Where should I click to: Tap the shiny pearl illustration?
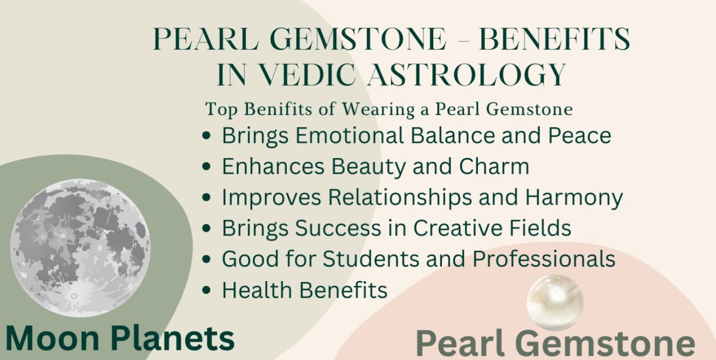pos(555,302)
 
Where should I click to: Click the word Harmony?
pos(574,197)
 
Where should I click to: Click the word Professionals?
pos(544,259)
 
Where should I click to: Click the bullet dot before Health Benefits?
pos(206,290)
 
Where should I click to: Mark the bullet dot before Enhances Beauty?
pos(206,167)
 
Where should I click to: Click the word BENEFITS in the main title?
pos(554,39)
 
